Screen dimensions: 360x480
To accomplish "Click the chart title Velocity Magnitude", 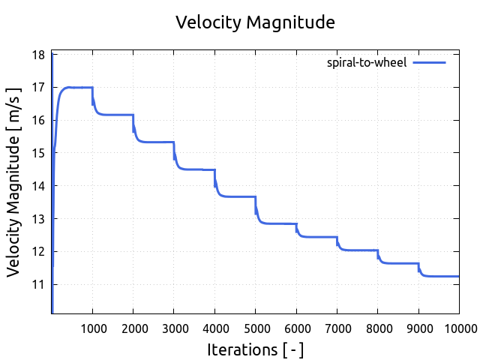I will (255, 22).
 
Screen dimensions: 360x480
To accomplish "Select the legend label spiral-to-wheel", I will (367, 62).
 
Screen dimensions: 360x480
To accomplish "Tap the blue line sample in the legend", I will (430, 62).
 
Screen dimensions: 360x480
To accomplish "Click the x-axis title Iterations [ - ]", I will (255, 349).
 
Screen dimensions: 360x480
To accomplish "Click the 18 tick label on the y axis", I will (38, 55).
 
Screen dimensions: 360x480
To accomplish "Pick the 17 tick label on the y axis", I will (38, 88).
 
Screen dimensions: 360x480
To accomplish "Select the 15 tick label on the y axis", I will (38, 153).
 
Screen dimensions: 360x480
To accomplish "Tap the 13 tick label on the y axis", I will (38, 219).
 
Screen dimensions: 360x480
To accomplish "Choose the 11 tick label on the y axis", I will (38, 284).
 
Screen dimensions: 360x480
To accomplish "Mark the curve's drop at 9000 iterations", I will (418, 268).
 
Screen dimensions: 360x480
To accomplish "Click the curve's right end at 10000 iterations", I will (458, 276).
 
